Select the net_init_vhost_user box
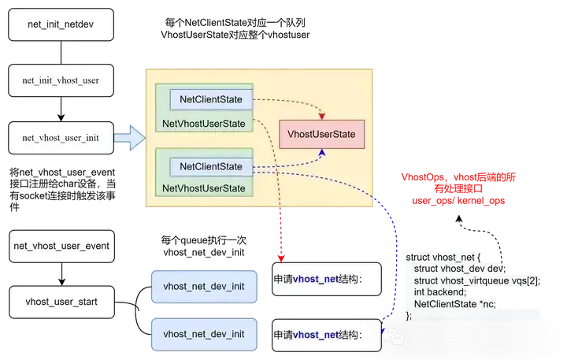pos(61,81)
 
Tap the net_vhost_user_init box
pos(61,137)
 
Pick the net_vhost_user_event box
pos(61,246)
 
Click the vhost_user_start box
pos(61,301)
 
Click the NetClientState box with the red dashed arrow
pos(211,99)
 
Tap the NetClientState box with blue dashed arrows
pos(211,166)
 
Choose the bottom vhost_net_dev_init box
pos(204,334)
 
